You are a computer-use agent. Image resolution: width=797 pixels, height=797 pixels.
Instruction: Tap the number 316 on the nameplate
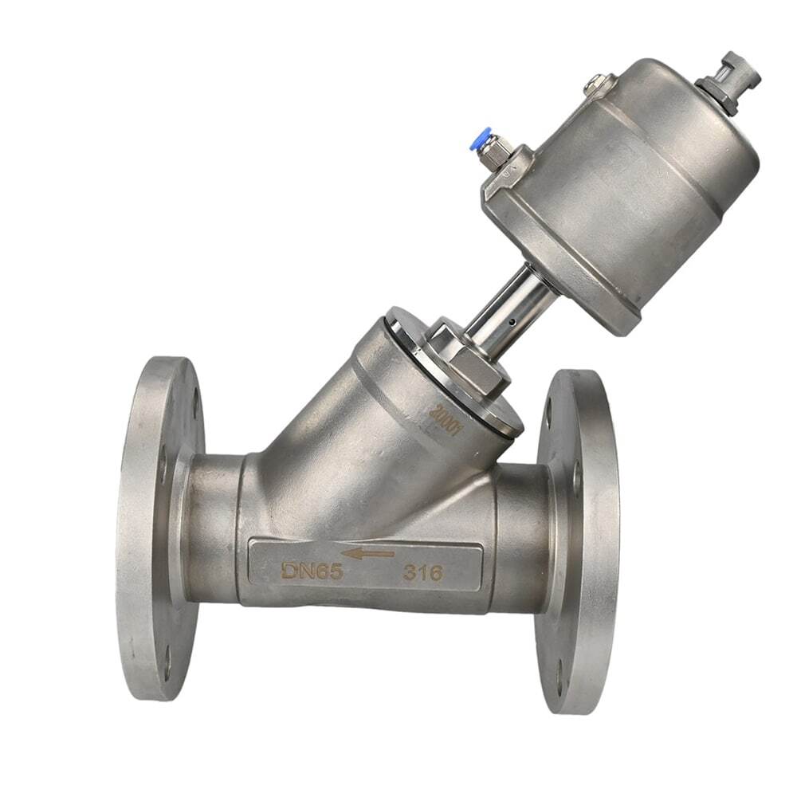pyautogui.click(x=422, y=571)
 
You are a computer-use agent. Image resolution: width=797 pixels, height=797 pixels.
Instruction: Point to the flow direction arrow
pyautogui.click(x=367, y=552)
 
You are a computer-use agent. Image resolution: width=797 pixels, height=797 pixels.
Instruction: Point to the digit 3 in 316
pyautogui.click(x=408, y=571)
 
